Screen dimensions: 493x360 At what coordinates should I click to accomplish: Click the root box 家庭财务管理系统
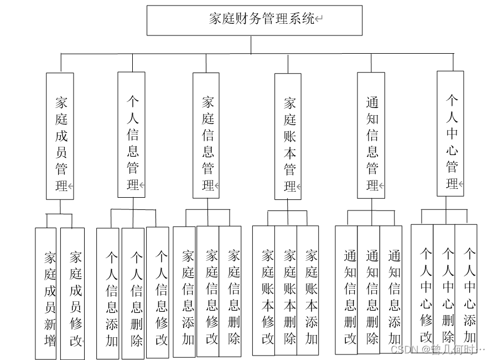click(x=255, y=20)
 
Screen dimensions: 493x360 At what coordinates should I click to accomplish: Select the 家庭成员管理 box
click(x=60, y=136)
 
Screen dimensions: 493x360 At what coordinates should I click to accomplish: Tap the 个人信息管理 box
click(x=132, y=135)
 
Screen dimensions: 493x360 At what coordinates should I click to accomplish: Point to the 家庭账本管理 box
click(x=288, y=136)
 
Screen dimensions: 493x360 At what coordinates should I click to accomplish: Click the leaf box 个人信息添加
click(x=108, y=294)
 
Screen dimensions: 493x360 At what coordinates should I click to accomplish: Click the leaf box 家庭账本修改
click(x=264, y=291)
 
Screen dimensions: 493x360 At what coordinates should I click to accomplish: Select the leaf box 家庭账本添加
click(x=308, y=291)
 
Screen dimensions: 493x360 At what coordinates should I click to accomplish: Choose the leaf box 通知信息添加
click(x=391, y=291)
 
